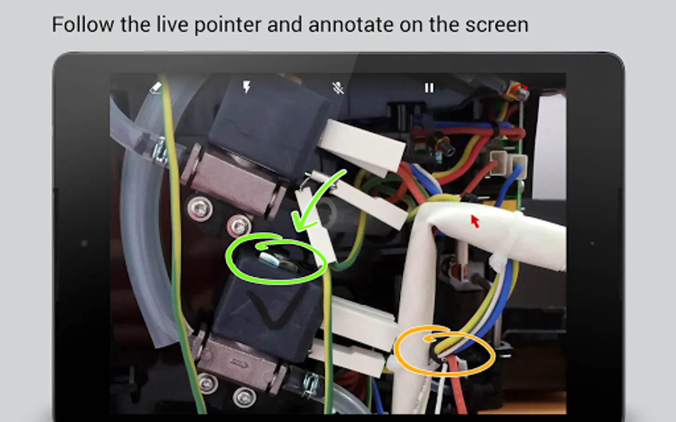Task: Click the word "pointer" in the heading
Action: [x=228, y=25]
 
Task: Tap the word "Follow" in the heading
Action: [x=83, y=24]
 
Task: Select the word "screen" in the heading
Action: [x=497, y=25]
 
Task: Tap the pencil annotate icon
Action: [x=156, y=88]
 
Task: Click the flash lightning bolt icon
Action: [x=247, y=87]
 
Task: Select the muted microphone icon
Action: [x=338, y=88]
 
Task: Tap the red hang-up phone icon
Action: [x=521, y=87]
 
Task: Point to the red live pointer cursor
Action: [x=475, y=221]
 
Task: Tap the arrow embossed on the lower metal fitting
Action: [x=239, y=363]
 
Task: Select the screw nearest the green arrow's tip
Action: [x=239, y=226]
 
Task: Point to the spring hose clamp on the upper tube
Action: [x=160, y=151]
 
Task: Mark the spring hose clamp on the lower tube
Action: [x=311, y=385]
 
